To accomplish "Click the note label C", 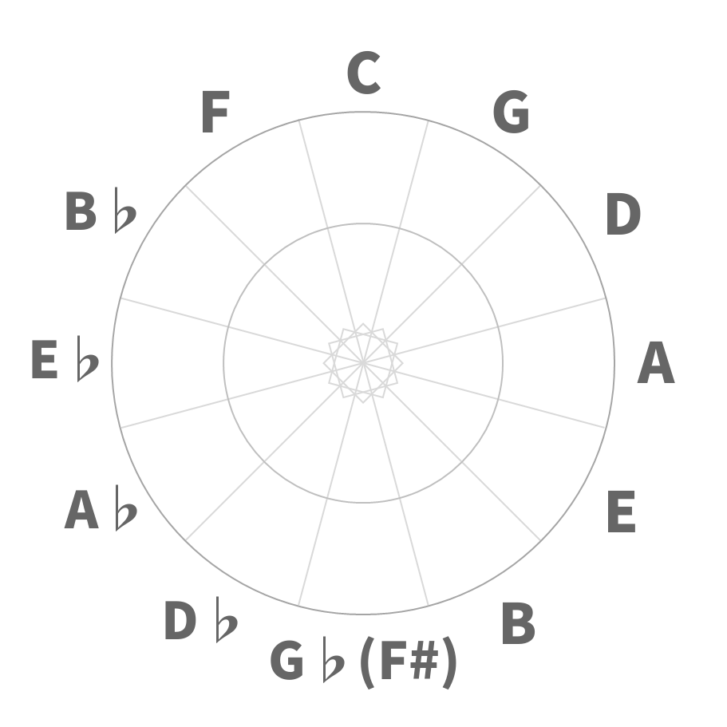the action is pyautogui.click(x=364, y=73).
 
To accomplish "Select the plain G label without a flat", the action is pyautogui.click(x=511, y=112).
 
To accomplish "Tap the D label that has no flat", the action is pyautogui.click(x=623, y=214).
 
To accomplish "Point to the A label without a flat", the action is pyautogui.click(x=656, y=362).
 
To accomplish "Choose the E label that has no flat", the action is pyautogui.click(x=622, y=511).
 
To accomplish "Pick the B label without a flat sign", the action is pyautogui.click(x=519, y=623).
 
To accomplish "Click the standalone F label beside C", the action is pyautogui.click(x=215, y=112).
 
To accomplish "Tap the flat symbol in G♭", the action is pyautogui.click(x=334, y=659).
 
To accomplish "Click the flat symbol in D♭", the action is pyautogui.click(x=227, y=619).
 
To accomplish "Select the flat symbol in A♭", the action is pyautogui.click(x=125, y=508).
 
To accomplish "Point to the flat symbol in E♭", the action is pyautogui.click(x=88, y=359).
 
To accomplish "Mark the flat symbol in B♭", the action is pyautogui.click(x=125, y=210).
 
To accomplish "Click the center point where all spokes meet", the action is pyautogui.click(x=363, y=363).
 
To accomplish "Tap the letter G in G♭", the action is pyautogui.click(x=287, y=660).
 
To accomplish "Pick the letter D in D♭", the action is pyautogui.click(x=180, y=620).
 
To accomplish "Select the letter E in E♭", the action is pyautogui.click(x=45, y=359).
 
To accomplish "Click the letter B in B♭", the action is pyautogui.click(x=81, y=211).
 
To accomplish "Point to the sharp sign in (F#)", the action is pyautogui.click(x=423, y=660).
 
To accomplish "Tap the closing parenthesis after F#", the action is pyautogui.click(x=449, y=663).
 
